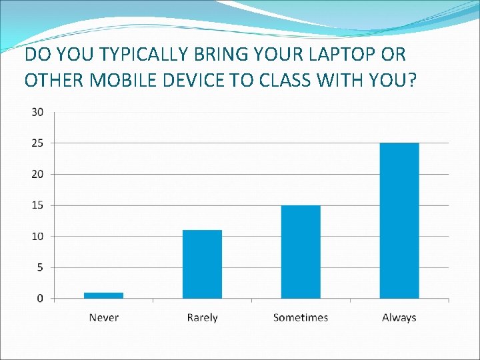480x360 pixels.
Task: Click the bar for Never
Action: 103,295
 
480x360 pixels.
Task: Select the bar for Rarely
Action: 202,264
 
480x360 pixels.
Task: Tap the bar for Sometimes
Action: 301,251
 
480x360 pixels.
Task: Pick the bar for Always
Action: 399,221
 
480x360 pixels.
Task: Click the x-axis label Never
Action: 103,317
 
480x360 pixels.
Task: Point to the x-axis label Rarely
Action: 202,317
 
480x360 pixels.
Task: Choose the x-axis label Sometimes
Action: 301,317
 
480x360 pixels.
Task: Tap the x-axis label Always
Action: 399,317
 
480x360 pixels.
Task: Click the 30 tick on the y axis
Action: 37,112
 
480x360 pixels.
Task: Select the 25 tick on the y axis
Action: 37,143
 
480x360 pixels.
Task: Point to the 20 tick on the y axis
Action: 37,174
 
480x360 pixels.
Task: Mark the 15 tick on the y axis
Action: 37,205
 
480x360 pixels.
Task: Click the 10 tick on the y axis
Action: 37,236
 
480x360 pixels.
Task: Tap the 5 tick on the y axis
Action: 40,267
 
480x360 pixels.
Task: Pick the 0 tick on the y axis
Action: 40,298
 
